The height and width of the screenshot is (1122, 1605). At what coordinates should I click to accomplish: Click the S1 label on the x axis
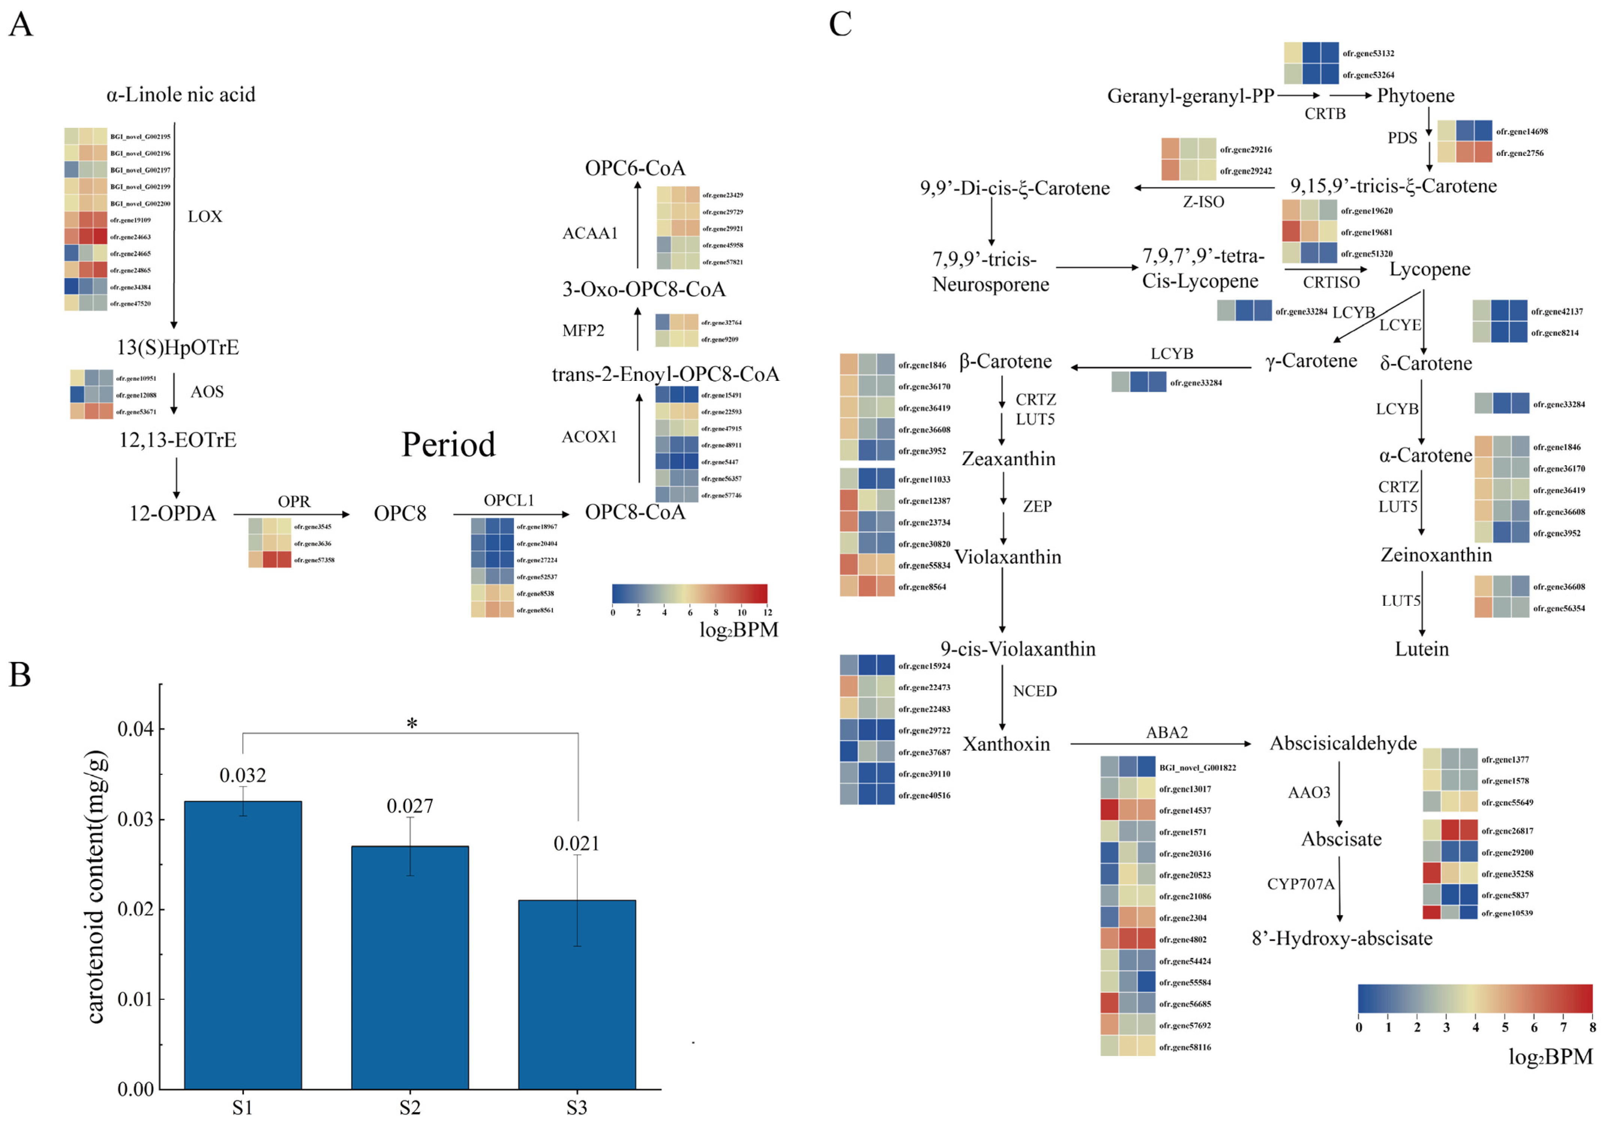tap(243, 1108)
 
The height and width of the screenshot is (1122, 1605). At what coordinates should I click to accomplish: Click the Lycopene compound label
tap(1430, 269)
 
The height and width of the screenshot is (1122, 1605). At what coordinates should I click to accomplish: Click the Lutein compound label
tap(1422, 649)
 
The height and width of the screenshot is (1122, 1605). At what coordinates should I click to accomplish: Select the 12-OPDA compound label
tap(173, 514)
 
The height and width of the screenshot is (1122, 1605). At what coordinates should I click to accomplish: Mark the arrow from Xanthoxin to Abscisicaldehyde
tap(1160, 744)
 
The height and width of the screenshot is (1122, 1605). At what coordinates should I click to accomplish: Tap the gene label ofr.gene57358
tap(314, 560)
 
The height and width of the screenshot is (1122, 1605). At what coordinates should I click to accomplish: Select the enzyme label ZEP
tap(1037, 506)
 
